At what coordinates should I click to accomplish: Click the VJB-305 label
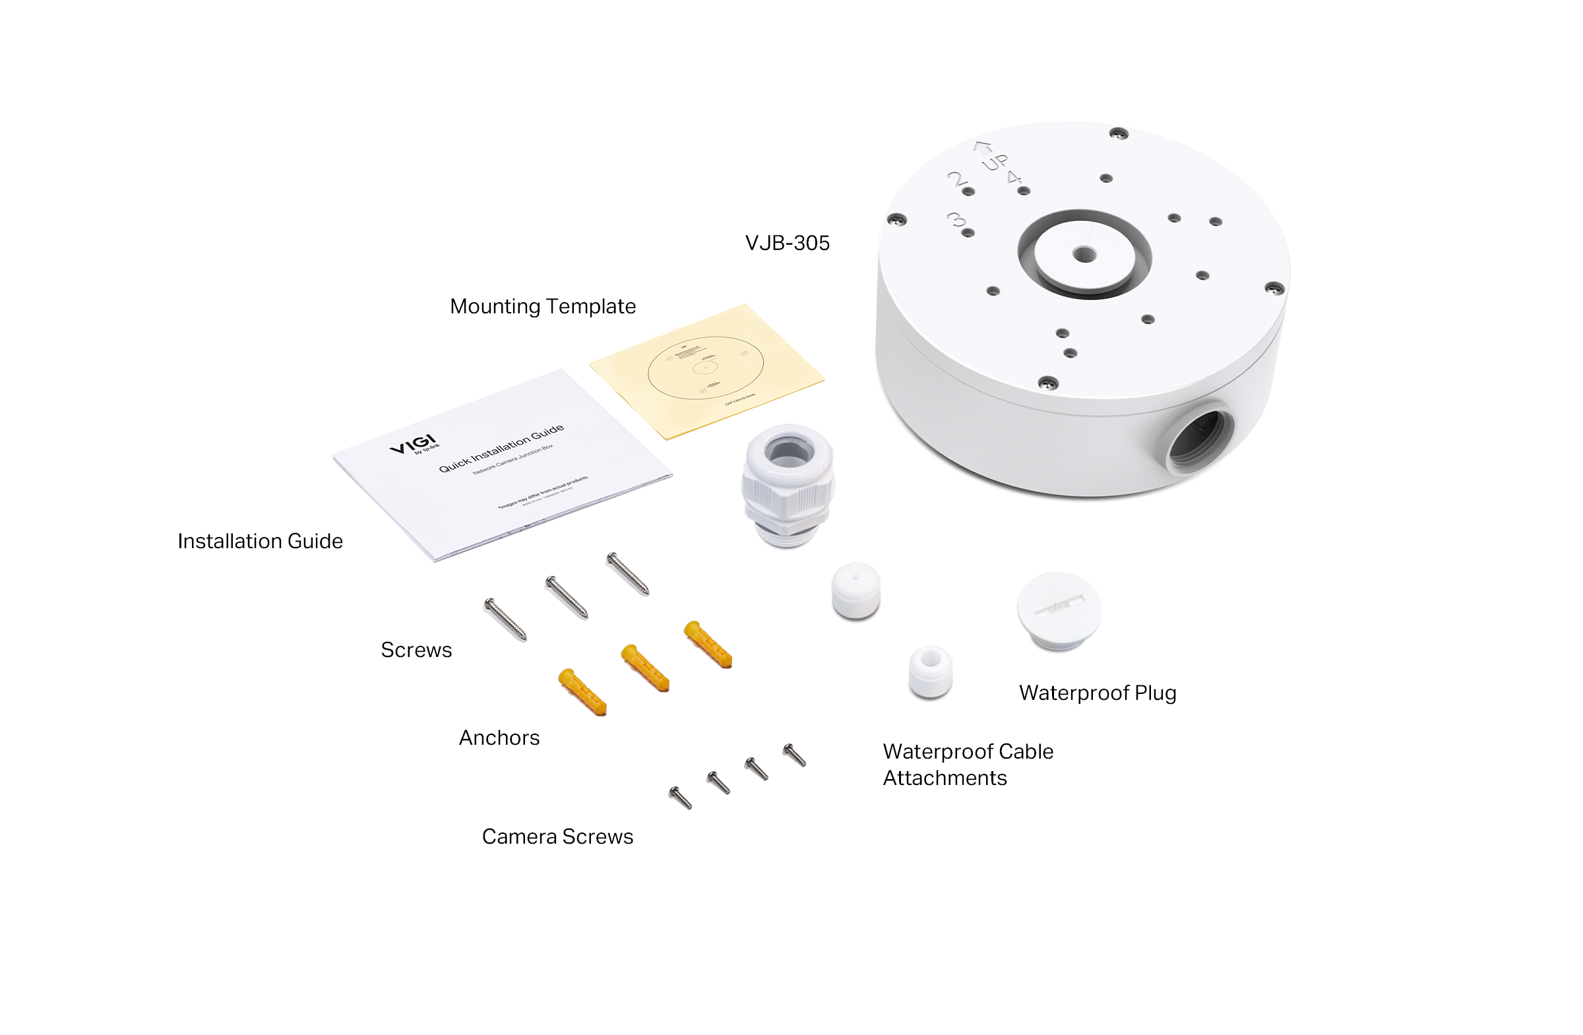[x=787, y=243]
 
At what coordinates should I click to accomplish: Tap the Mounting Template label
[x=543, y=307]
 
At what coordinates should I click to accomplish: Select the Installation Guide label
[x=260, y=542]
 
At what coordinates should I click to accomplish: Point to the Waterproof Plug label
[x=1098, y=693]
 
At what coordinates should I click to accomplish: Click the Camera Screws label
[x=557, y=837]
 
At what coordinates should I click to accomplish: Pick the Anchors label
[x=499, y=738]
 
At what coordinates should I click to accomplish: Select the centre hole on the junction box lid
[x=1084, y=254]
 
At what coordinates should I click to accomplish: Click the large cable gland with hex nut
[x=788, y=486]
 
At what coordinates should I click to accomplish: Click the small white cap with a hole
[x=931, y=671]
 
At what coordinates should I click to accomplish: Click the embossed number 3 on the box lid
[x=956, y=220]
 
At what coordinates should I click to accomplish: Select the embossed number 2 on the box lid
[x=956, y=178]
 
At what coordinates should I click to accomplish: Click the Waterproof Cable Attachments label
[x=968, y=765]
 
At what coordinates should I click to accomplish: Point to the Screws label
[x=416, y=650]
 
